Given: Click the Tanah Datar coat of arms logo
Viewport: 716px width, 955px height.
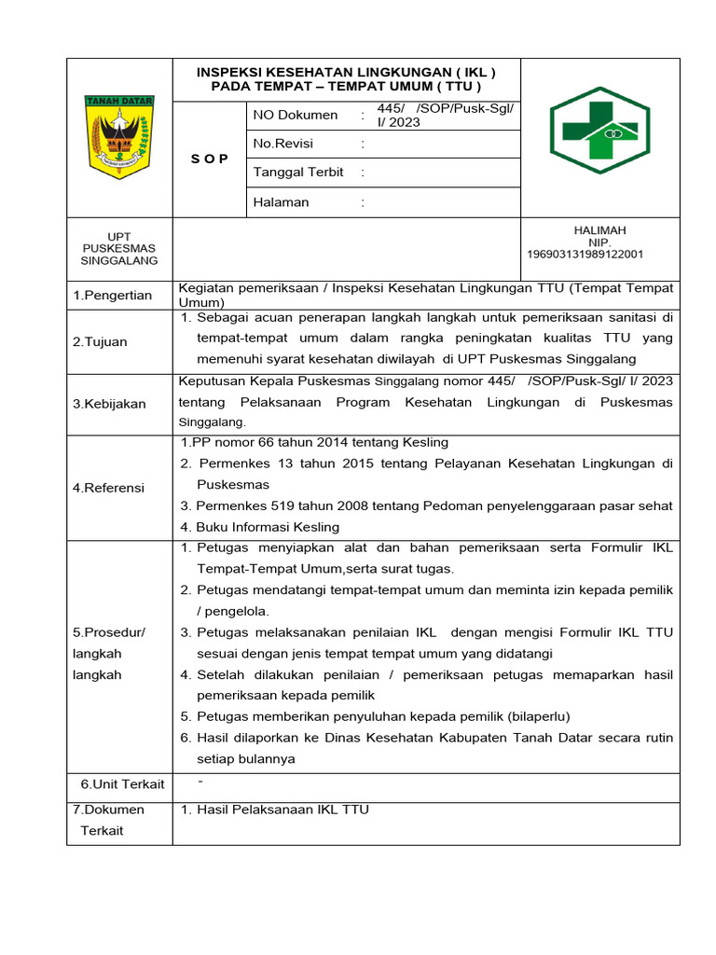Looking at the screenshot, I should pyautogui.click(x=119, y=136).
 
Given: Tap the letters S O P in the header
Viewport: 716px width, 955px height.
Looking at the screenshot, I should pyautogui.click(x=210, y=159).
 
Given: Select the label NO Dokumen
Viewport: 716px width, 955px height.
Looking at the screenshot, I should pyautogui.click(x=296, y=115).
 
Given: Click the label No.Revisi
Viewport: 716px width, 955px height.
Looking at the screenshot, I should pyautogui.click(x=283, y=144).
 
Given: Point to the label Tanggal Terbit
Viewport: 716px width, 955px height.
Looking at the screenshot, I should pyautogui.click(x=298, y=173).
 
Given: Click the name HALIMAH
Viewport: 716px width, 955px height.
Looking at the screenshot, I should pyautogui.click(x=599, y=230).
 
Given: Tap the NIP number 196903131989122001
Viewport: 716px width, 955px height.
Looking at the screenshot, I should pyautogui.click(x=585, y=254).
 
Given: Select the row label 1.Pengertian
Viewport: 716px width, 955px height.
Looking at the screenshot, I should pyautogui.click(x=113, y=296).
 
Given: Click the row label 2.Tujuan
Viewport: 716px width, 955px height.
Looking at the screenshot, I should pyautogui.click(x=100, y=342).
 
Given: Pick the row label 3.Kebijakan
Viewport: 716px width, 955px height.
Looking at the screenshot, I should pyautogui.click(x=109, y=404).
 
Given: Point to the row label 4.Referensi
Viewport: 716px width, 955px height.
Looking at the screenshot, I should pyautogui.click(x=109, y=488).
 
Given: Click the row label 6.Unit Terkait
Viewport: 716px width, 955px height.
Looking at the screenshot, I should pyautogui.click(x=122, y=784).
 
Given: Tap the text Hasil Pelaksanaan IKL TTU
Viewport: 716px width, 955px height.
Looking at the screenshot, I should pyautogui.click(x=282, y=810).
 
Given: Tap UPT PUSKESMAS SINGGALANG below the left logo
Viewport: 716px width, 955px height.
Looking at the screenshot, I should pyautogui.click(x=119, y=248).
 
